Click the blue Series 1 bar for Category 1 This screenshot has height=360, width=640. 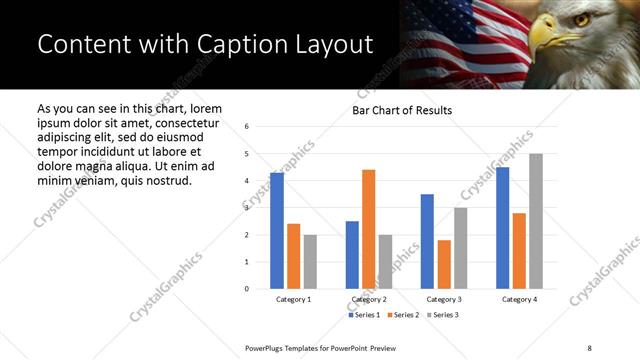(x=277, y=231)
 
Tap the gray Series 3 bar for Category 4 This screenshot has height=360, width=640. (x=536, y=221)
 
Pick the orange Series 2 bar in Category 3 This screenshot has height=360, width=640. (x=444, y=264)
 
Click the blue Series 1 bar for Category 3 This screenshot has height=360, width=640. (x=427, y=241)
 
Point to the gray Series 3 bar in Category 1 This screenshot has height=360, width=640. (x=310, y=262)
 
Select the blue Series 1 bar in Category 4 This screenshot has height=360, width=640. (x=503, y=228)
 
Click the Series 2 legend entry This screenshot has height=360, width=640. (x=405, y=315)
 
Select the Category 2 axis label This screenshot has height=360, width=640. (x=369, y=300)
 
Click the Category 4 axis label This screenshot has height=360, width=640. (x=519, y=300)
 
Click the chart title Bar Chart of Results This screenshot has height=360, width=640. (x=402, y=110)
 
